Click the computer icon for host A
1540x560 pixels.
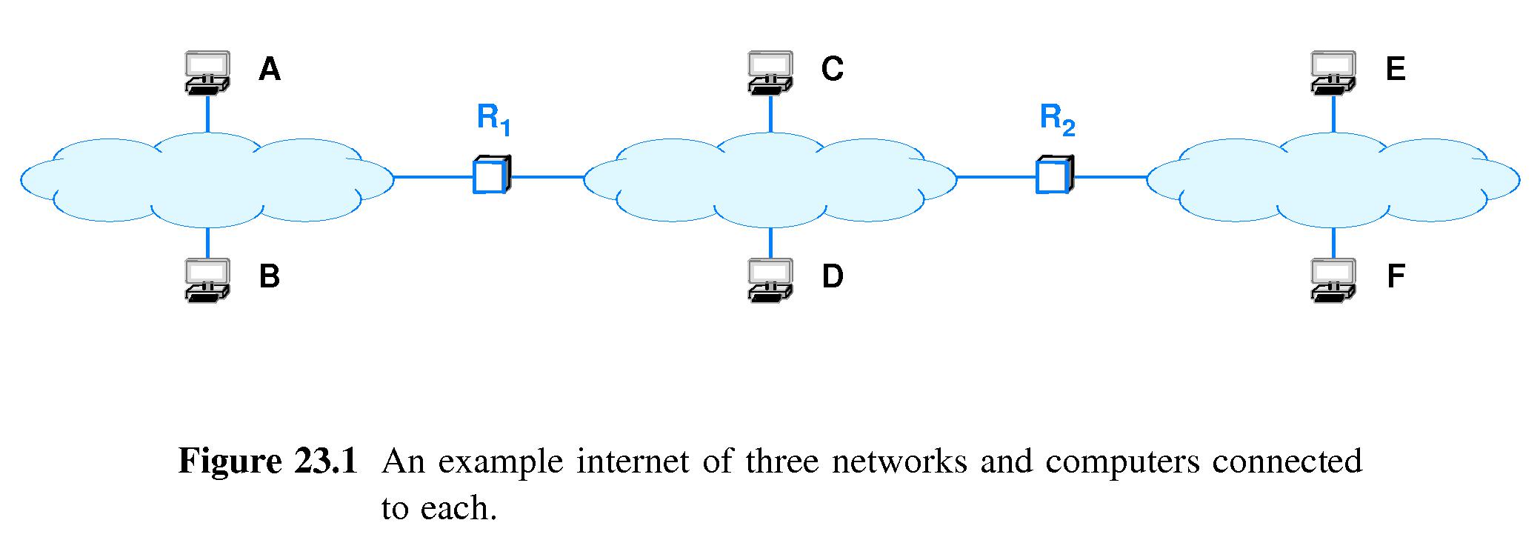(x=207, y=72)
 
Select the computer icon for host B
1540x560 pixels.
(x=207, y=279)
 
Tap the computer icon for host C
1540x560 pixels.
(x=770, y=72)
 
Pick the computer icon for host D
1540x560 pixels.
(x=770, y=279)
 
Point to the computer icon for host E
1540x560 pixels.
(x=1333, y=72)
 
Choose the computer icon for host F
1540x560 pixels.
(x=1333, y=279)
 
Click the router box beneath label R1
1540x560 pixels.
(x=491, y=176)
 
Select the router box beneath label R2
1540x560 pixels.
(x=1054, y=176)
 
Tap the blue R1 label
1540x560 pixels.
(x=493, y=119)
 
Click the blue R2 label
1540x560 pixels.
(x=1057, y=119)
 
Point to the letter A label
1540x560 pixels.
(x=270, y=69)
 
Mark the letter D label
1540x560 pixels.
(x=833, y=276)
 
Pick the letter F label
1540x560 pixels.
(x=1396, y=276)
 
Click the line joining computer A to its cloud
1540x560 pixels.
(x=207, y=113)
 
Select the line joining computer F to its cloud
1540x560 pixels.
(x=1334, y=241)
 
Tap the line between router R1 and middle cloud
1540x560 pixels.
(x=547, y=177)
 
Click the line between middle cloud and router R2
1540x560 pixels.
(x=996, y=177)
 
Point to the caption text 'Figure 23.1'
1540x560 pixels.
(x=268, y=461)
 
